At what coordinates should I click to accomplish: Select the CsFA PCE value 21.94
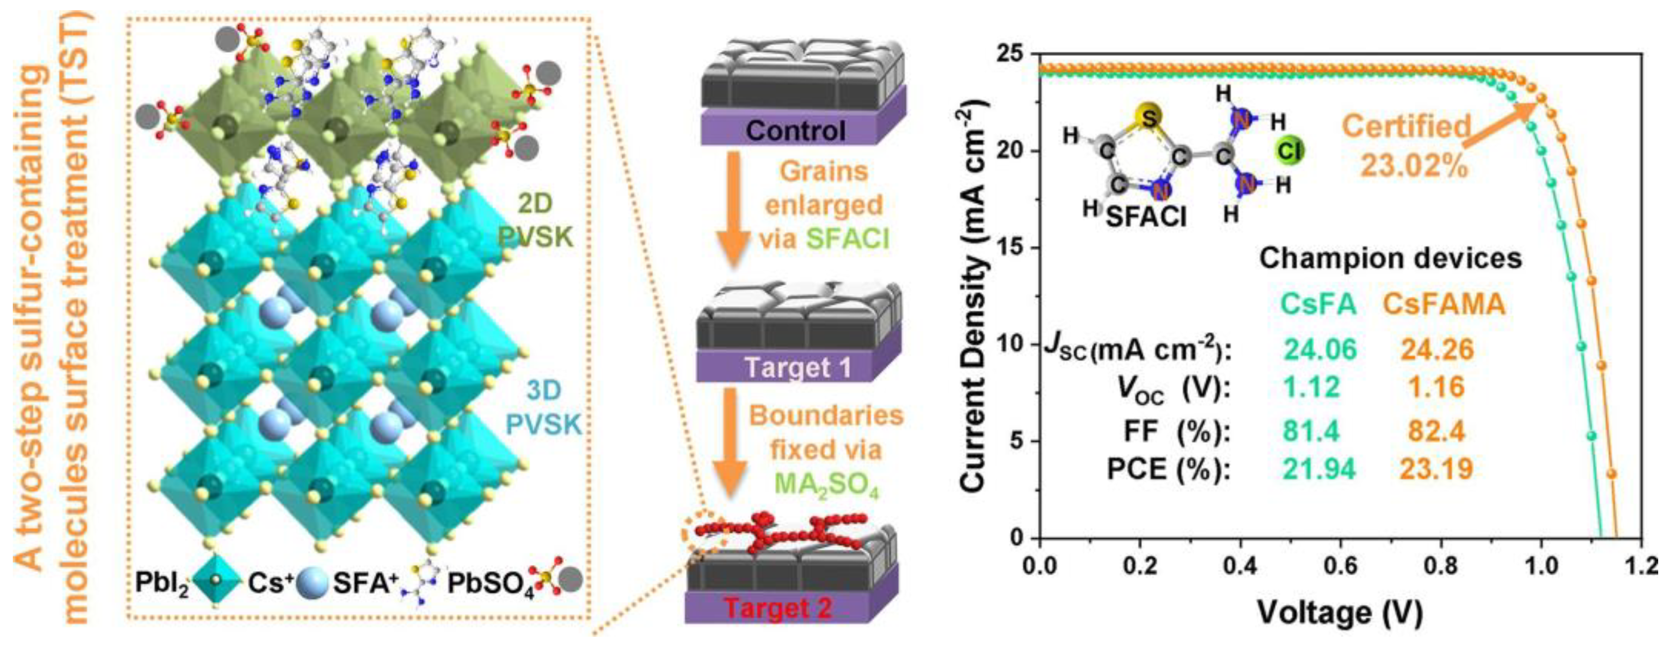tap(1319, 469)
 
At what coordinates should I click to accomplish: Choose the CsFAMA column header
tap(1444, 303)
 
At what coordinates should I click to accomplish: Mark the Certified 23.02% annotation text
tap(1406, 146)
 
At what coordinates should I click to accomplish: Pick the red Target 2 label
tap(777, 608)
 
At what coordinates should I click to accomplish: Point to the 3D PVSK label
tap(543, 408)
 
